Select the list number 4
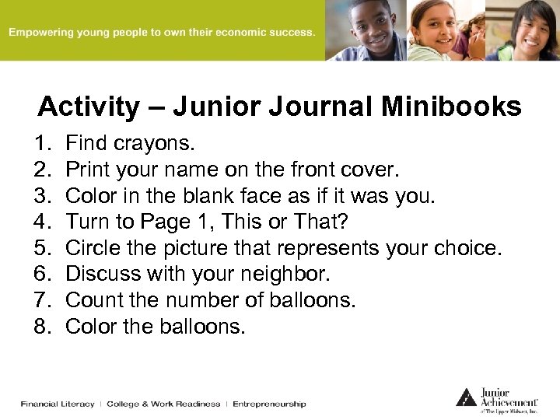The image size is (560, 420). click(x=41, y=222)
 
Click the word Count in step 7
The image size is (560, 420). click(x=90, y=300)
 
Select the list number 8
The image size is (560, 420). click(x=41, y=327)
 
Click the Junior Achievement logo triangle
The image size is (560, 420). click(x=466, y=397)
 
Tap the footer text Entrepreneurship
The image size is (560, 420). click(x=269, y=404)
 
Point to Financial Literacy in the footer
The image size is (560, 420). click(x=58, y=404)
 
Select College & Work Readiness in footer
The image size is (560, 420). click(x=163, y=404)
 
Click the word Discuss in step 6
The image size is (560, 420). click(x=96, y=275)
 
